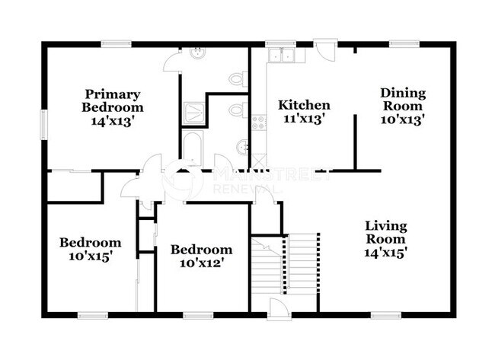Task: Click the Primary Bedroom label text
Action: [x=113, y=107]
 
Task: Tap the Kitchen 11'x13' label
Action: [x=304, y=112]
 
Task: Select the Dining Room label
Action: [x=403, y=106]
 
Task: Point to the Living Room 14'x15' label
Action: [x=385, y=240]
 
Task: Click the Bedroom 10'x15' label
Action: [x=91, y=250]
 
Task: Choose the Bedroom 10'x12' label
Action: [x=200, y=256]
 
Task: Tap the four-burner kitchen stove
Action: [x=259, y=120]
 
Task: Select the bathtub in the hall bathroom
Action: [x=192, y=149]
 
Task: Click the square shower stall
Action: [x=193, y=113]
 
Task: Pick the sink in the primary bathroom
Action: [x=197, y=53]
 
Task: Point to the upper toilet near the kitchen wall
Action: [x=238, y=78]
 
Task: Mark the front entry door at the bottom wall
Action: [x=279, y=307]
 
